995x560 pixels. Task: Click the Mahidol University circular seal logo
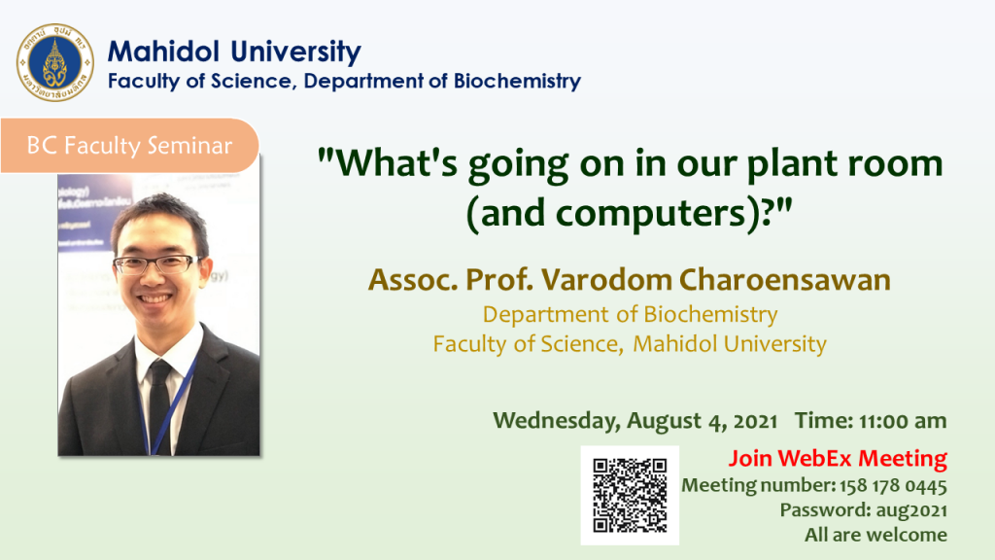pyautogui.click(x=55, y=63)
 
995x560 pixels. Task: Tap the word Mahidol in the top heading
pyautogui.click(x=163, y=52)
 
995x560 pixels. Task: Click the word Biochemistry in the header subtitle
pyautogui.click(x=517, y=82)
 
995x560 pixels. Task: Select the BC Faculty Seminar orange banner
pyautogui.click(x=129, y=146)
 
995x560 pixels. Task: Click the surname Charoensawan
pyautogui.click(x=785, y=280)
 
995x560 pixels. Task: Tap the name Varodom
pyautogui.click(x=606, y=280)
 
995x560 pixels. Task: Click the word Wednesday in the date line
pyautogui.click(x=557, y=421)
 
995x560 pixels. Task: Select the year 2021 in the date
pyautogui.click(x=755, y=422)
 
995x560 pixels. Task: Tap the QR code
pyautogui.click(x=630, y=495)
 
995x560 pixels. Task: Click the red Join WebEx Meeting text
pyautogui.click(x=838, y=459)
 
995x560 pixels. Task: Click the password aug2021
pyautogui.click(x=911, y=510)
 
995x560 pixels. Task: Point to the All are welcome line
pyautogui.click(x=875, y=536)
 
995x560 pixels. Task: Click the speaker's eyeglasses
pyautogui.click(x=157, y=264)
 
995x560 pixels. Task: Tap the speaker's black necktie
pyautogui.click(x=160, y=406)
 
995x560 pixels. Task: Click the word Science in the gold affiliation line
pyautogui.click(x=579, y=344)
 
